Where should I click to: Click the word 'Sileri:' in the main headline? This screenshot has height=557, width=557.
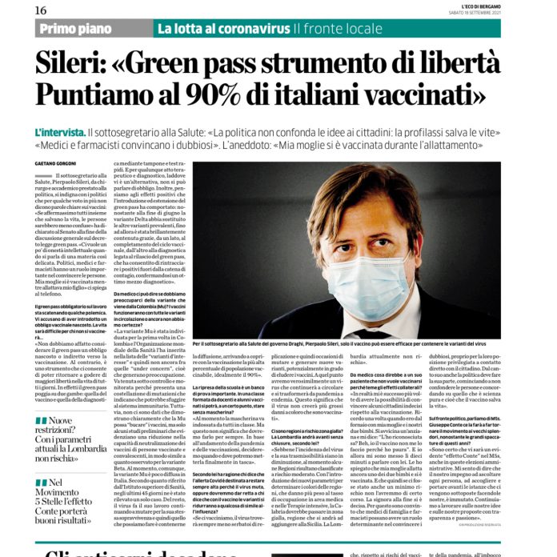[82, 65]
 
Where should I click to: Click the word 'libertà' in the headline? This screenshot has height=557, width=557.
[475, 65]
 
